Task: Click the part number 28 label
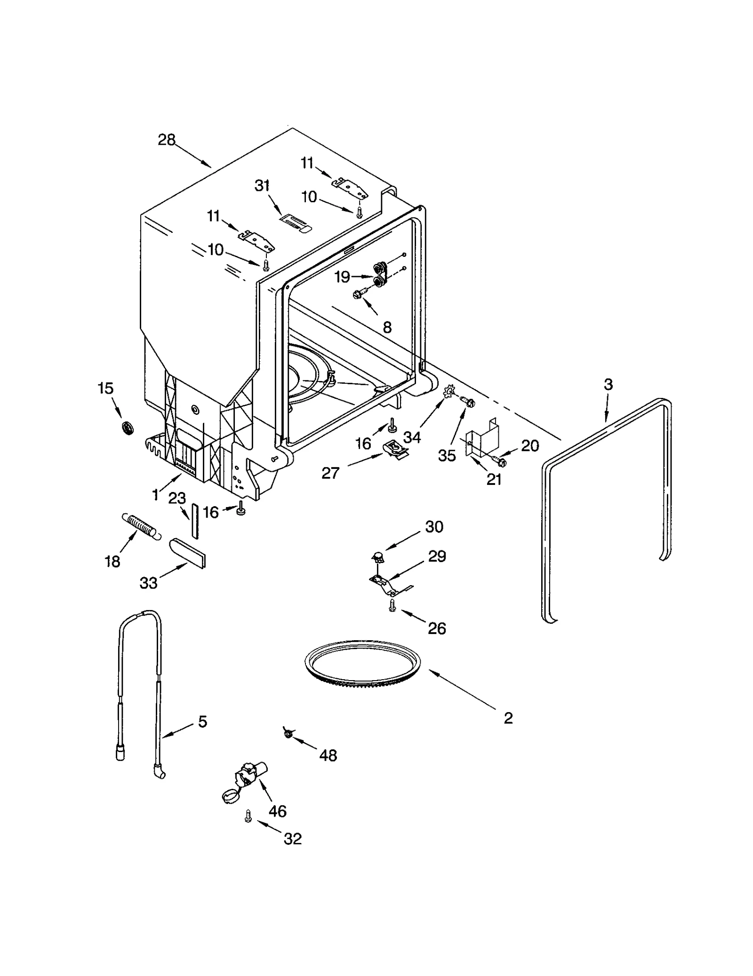click(167, 140)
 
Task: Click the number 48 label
click(328, 755)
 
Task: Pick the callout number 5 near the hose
click(202, 722)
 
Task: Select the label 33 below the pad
click(148, 583)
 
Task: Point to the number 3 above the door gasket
click(608, 384)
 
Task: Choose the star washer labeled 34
click(449, 390)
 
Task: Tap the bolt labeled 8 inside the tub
click(358, 294)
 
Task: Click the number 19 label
click(342, 277)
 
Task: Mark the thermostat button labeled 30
click(377, 557)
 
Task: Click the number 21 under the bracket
click(494, 479)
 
